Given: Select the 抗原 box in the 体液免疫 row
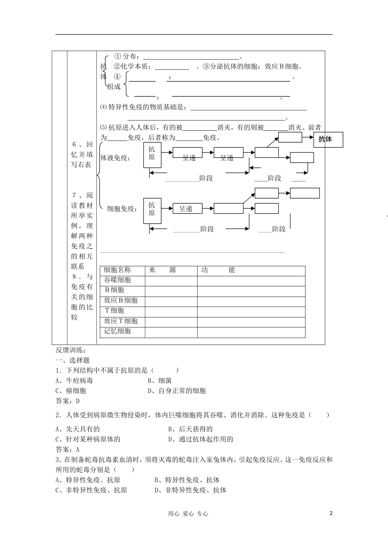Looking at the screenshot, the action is point(152,155).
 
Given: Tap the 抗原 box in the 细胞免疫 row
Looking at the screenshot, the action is point(152,210).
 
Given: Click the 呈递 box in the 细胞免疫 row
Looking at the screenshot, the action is point(187,209).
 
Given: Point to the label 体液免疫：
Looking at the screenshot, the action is point(116,158).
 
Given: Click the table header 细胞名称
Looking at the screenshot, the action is point(117,270).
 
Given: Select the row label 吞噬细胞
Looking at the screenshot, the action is point(117,280).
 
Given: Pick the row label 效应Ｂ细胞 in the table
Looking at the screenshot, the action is point(120,301).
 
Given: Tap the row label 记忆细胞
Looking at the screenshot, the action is point(117,331).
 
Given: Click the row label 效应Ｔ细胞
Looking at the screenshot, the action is point(120,321).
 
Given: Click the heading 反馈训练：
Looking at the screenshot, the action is point(70,350).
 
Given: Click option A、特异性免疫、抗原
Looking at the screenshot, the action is point(88,480).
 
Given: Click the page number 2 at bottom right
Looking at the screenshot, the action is point(331,513).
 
